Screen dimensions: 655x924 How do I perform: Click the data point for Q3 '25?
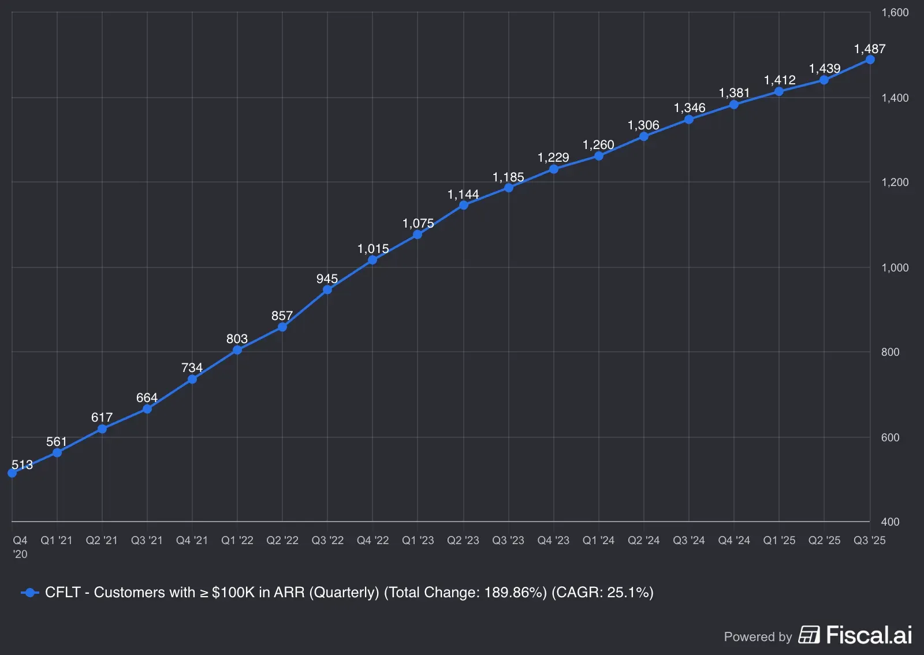pos(870,60)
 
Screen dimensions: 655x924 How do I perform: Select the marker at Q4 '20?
pos(12,473)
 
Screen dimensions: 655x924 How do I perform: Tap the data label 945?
pos(327,279)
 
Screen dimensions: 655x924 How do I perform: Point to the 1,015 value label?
pos(373,249)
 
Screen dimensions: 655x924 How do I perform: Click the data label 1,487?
pos(869,49)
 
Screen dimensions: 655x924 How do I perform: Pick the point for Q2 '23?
pos(463,205)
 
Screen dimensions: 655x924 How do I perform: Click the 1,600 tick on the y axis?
pos(895,13)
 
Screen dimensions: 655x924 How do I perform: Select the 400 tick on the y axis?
pos(890,522)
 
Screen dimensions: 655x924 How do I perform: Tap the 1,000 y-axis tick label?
pos(895,267)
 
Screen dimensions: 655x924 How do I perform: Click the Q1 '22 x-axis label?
pos(237,541)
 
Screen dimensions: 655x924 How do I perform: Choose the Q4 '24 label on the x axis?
pos(733,541)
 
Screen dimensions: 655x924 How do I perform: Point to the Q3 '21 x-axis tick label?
pos(147,541)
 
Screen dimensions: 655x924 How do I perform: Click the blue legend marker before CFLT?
pos(29,593)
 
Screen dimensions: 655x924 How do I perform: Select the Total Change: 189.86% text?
pos(465,593)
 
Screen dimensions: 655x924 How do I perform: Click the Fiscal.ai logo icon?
pos(809,635)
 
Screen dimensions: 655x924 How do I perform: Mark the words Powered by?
pos(758,637)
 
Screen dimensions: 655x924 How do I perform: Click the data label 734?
pos(192,368)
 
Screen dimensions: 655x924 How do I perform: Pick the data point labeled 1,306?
pos(643,137)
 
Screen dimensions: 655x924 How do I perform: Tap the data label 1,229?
pos(553,158)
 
